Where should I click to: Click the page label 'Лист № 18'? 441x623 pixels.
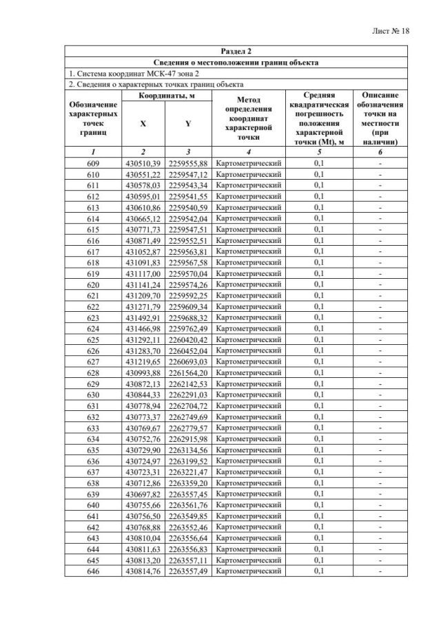click(x=390, y=32)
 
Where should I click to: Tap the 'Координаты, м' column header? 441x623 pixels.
click(x=166, y=96)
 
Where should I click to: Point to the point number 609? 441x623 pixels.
click(x=93, y=163)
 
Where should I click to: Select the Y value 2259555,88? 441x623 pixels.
click(x=187, y=163)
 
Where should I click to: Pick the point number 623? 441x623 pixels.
click(x=93, y=317)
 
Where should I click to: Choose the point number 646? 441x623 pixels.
click(x=93, y=571)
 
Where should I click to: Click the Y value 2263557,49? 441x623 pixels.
click(x=187, y=571)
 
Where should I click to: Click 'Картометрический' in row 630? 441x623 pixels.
click(x=248, y=394)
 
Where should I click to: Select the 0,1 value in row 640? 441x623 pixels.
click(x=318, y=505)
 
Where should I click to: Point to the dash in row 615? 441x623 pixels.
click(x=380, y=229)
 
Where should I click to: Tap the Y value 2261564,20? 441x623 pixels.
click(x=187, y=372)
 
